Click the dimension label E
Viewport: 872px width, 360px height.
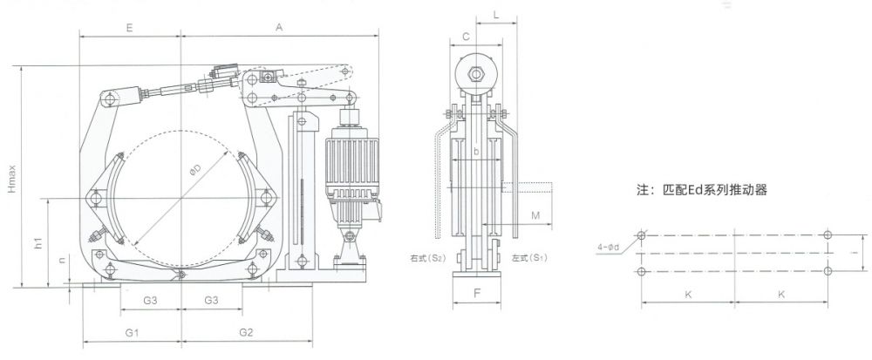tap(128, 28)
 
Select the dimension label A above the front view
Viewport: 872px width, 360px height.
tap(279, 28)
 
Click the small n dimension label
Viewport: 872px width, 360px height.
tap(62, 261)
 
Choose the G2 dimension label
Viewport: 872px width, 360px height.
tap(245, 332)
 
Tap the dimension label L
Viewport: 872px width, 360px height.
tap(495, 16)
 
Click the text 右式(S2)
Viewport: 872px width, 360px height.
tap(427, 259)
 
